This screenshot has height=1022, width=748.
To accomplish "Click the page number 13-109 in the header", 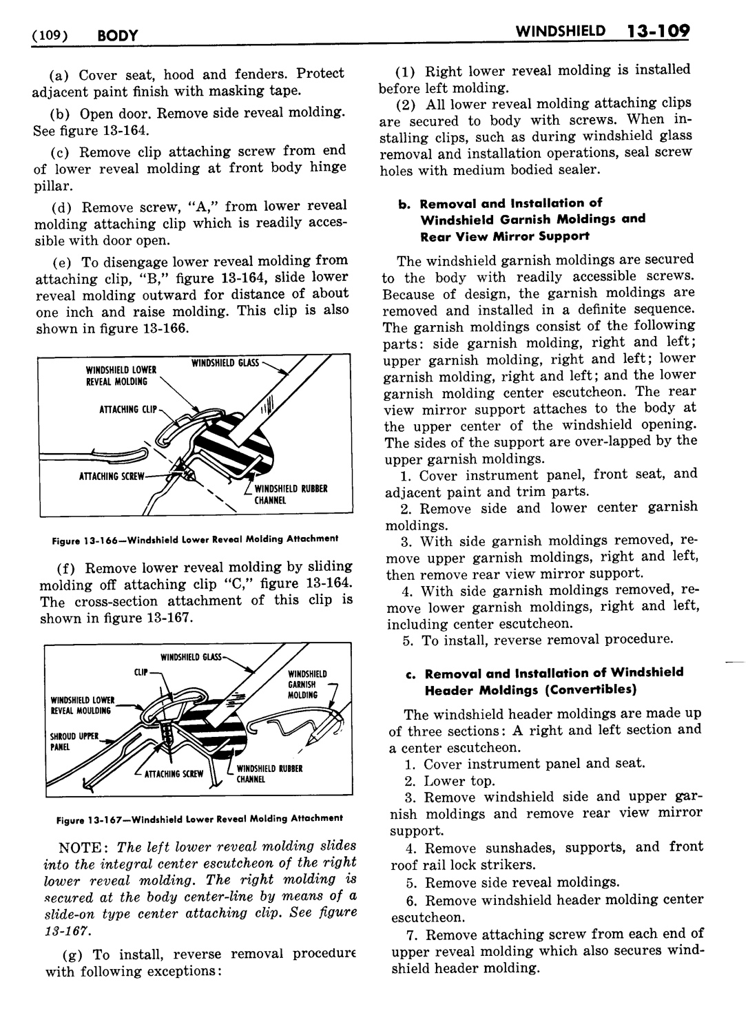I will point(650,32).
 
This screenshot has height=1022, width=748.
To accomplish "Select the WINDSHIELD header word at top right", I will point(561,32).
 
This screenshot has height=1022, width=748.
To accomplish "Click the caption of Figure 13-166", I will point(196,539).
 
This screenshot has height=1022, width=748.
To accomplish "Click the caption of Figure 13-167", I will point(200,818).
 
